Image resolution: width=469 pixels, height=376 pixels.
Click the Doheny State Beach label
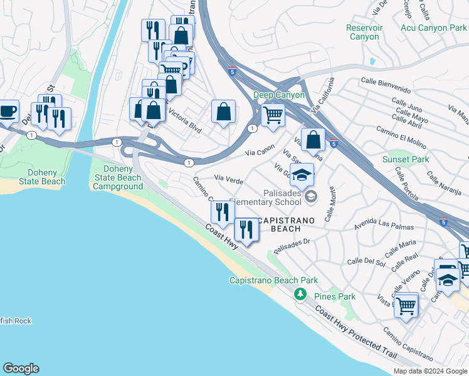pyautogui.click(x=47, y=177)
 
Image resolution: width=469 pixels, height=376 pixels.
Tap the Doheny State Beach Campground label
pyautogui.click(x=118, y=177)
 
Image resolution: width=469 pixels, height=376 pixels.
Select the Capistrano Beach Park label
pyautogui.click(x=273, y=281)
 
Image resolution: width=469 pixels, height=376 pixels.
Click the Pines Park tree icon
pyautogui.click(x=300, y=294)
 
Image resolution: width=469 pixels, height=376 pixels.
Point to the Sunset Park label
pyautogui.click(x=406, y=159)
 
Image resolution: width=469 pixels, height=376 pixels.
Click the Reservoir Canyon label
pyautogui.click(x=364, y=32)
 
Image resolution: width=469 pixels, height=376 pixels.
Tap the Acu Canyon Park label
pyautogui.click(x=433, y=28)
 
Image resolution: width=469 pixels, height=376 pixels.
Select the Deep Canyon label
pyautogui.click(x=279, y=95)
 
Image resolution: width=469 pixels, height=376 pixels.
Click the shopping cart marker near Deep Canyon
pyautogui.click(x=273, y=115)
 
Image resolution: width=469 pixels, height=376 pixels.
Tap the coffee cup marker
pyautogui.click(x=8, y=111)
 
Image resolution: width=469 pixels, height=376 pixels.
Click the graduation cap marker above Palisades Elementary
pyautogui.click(x=302, y=174)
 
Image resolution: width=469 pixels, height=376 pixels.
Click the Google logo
pyautogui.click(x=21, y=368)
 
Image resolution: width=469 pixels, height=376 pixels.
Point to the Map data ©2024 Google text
pyautogui.click(x=429, y=371)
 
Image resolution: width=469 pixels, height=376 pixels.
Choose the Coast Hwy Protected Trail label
pyautogui.click(x=356, y=333)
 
